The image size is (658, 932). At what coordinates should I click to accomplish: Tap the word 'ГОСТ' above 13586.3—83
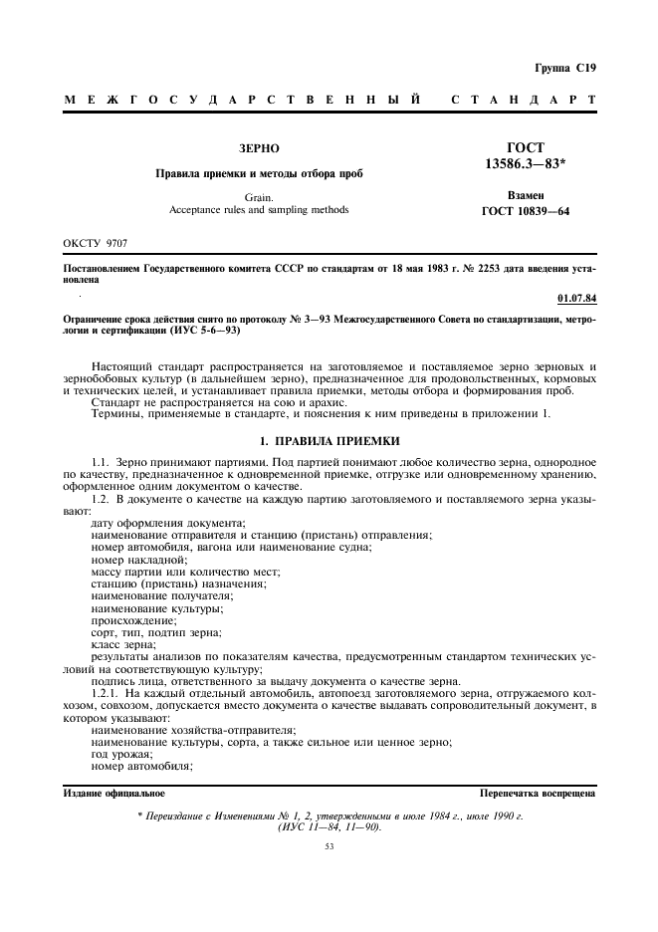point(540,146)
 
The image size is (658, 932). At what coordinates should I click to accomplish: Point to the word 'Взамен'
point(540,195)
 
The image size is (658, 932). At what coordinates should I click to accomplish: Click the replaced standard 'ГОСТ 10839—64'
point(540,211)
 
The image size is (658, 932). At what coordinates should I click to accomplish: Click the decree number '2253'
point(457,270)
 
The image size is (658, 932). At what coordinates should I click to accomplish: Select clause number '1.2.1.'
point(107,691)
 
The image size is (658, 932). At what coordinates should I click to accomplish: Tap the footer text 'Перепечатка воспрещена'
point(538,794)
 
